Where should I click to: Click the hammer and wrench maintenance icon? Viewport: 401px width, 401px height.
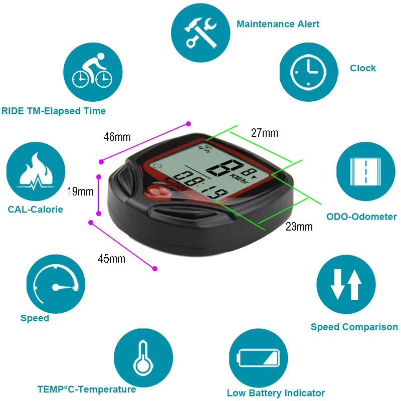[200, 33]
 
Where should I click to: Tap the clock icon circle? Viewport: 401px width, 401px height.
[309, 72]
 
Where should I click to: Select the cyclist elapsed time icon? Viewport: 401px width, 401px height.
[93, 72]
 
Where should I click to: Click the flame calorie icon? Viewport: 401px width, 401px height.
[36, 171]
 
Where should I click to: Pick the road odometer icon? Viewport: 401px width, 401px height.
[366, 171]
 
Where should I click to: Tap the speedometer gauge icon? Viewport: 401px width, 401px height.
[56, 284]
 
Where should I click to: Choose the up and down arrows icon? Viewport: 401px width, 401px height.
[346, 284]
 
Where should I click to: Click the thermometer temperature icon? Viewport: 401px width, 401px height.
[143, 358]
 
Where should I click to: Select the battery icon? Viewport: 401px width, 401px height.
[258, 358]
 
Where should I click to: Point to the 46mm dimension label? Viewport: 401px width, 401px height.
[117, 137]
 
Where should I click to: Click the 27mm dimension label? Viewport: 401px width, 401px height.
[265, 133]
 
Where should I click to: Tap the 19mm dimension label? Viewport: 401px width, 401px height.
[80, 191]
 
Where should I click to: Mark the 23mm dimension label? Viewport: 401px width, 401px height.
[299, 227]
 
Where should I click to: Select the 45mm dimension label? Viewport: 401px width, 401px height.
[111, 259]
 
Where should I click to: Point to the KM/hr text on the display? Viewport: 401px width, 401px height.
[240, 178]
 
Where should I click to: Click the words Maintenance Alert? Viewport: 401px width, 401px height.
[278, 24]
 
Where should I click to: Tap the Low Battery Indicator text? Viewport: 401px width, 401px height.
[276, 393]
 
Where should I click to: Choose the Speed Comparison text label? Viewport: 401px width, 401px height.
[354, 327]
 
